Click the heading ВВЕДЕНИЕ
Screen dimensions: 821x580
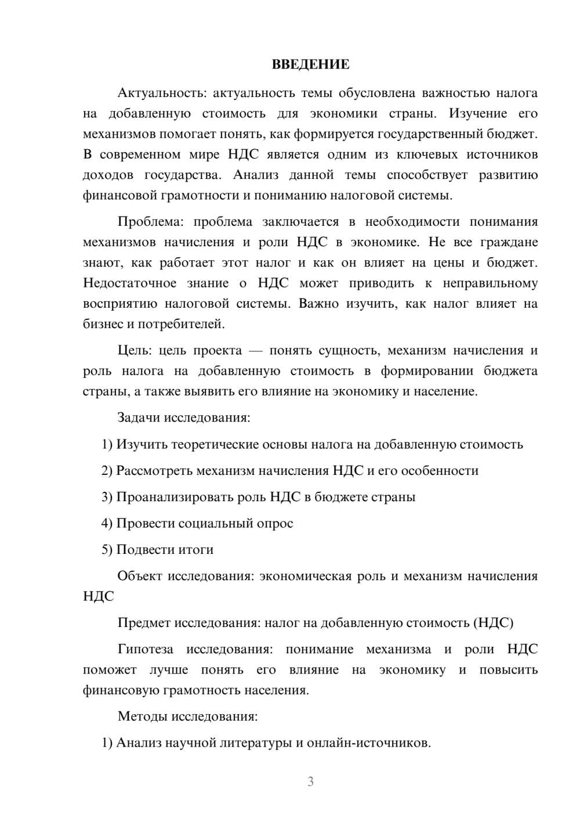coord(310,64)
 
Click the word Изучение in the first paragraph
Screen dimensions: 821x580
coord(478,113)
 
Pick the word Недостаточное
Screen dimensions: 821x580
coord(129,283)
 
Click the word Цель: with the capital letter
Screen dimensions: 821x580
coord(134,351)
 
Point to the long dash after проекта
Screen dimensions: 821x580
coord(256,351)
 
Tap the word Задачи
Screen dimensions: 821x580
coord(139,417)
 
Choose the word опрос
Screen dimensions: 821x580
coord(274,524)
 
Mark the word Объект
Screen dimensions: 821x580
coord(140,577)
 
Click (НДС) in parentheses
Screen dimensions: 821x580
coord(493,623)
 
